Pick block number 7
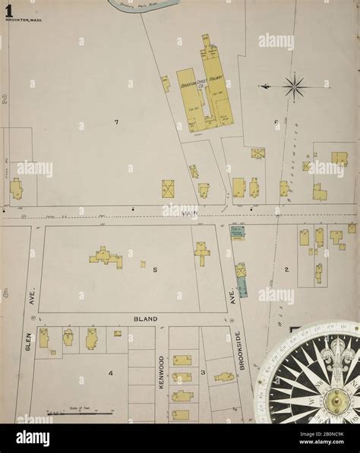click(116, 122)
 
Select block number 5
click(154, 269)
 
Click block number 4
click(110, 373)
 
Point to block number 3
click(203, 372)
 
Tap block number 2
click(286, 269)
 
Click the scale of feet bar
click(72, 413)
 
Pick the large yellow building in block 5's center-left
click(106, 258)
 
